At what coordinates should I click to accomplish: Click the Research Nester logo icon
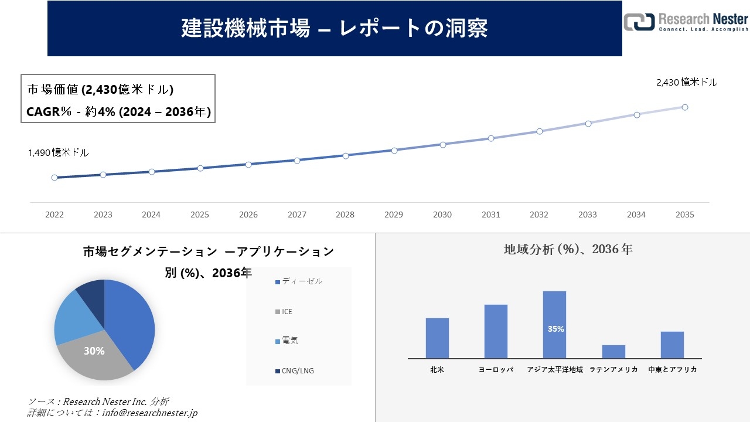pos(639,22)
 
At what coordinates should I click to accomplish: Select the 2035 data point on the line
pos(684,107)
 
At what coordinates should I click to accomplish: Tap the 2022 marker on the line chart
pos(54,178)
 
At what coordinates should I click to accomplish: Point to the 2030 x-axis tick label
pos(442,215)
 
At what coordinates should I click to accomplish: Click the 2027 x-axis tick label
pos(297,215)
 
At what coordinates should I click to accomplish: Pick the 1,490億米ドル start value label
pos(59,152)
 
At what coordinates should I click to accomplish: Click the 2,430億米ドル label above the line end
pos(687,83)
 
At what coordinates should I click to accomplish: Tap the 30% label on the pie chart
pos(94,351)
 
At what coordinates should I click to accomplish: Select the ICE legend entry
pos(287,312)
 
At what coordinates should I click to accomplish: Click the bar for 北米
pos(437,338)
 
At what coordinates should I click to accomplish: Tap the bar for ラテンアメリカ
pos(613,352)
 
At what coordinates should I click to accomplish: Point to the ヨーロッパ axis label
pos(496,370)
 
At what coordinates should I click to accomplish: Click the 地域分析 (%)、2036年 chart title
pos(568,250)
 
